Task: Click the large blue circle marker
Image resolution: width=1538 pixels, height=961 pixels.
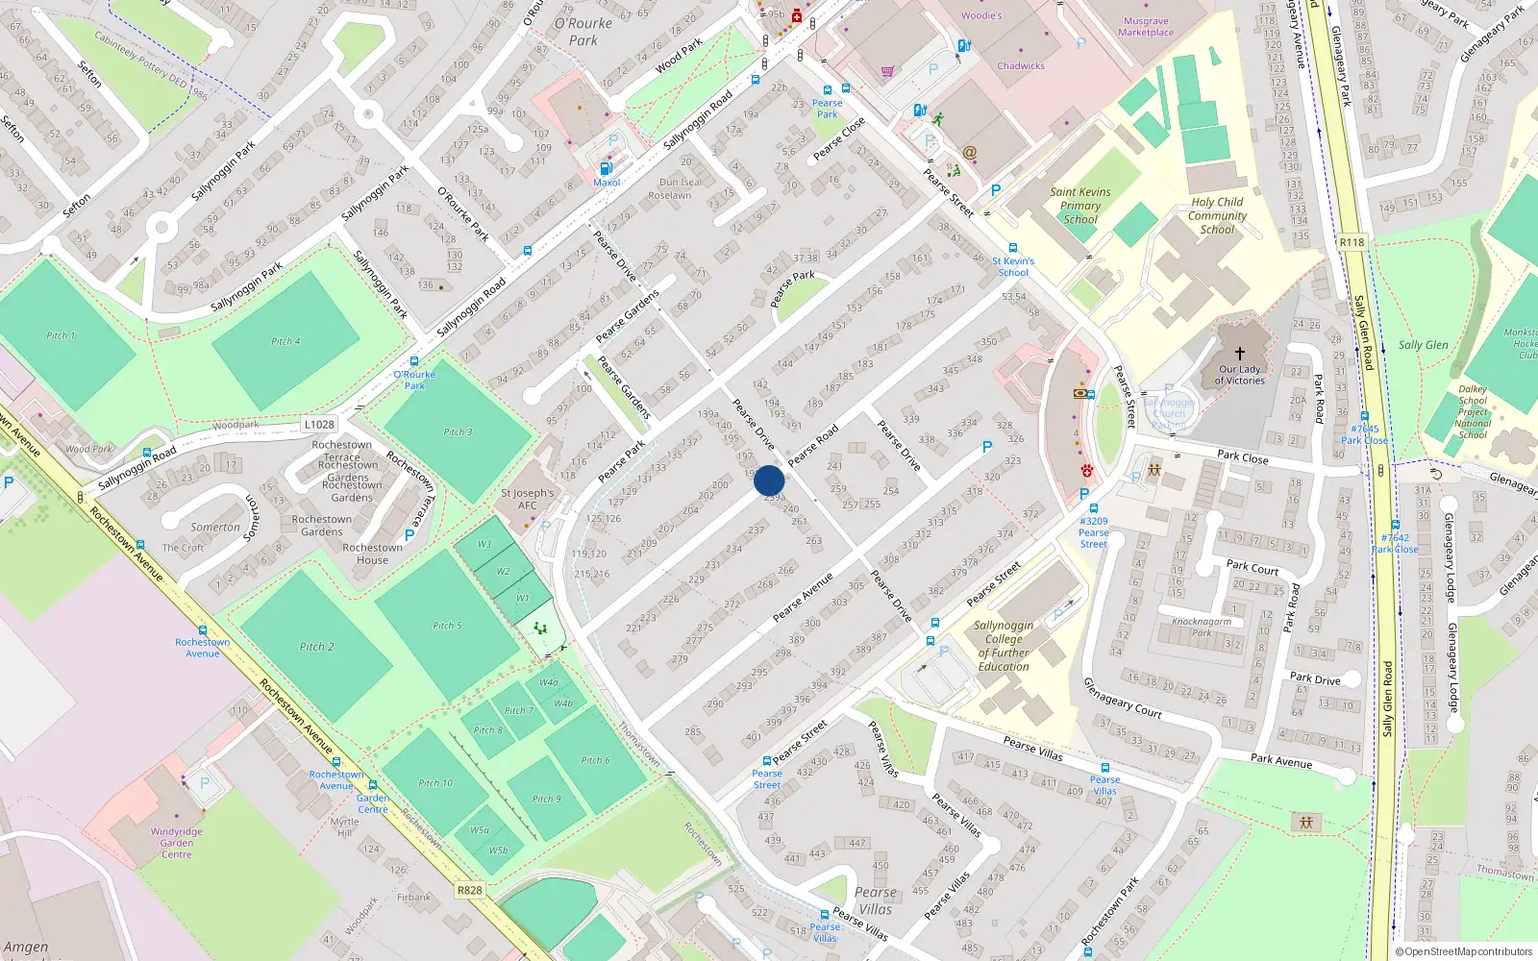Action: [769, 480]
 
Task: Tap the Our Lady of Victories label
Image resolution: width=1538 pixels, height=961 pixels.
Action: [1240, 375]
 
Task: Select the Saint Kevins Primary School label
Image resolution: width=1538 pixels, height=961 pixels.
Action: [1080, 206]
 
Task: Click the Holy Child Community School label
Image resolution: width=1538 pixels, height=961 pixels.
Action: [1217, 215]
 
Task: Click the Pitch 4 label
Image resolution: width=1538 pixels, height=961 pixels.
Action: [285, 341]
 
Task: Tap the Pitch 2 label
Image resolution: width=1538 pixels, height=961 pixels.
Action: [316, 647]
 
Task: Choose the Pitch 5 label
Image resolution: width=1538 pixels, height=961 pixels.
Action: [447, 626]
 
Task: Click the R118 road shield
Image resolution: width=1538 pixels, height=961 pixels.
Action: [1352, 242]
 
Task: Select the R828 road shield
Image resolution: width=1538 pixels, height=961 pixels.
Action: [469, 890]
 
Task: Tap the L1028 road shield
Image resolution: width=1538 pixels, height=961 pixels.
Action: [319, 424]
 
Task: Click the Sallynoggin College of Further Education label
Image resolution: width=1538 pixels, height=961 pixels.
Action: [1004, 646]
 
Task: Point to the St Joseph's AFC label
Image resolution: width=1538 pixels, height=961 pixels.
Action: [528, 499]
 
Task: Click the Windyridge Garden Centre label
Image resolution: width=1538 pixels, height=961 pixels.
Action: [176, 843]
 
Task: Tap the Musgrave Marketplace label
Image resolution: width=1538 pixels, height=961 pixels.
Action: [1146, 27]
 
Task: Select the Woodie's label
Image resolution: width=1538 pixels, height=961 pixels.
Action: [981, 15]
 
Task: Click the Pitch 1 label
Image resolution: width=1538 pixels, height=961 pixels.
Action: [61, 335]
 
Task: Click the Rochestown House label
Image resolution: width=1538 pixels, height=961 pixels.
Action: [373, 554]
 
